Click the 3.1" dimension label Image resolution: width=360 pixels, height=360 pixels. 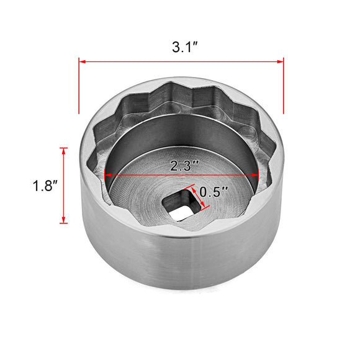(181, 46)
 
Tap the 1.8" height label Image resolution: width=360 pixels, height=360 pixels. (47, 185)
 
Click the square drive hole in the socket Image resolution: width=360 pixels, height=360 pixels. (180, 205)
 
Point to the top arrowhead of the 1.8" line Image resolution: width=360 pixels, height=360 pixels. (64, 151)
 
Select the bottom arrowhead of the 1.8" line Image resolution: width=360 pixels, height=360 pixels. (64, 219)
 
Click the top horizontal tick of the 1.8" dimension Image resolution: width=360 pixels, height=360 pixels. (64, 147)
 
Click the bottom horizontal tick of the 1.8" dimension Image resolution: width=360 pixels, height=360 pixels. (64, 223)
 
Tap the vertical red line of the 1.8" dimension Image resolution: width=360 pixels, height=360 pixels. (64, 185)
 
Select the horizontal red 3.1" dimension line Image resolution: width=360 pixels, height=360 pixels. (181, 61)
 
